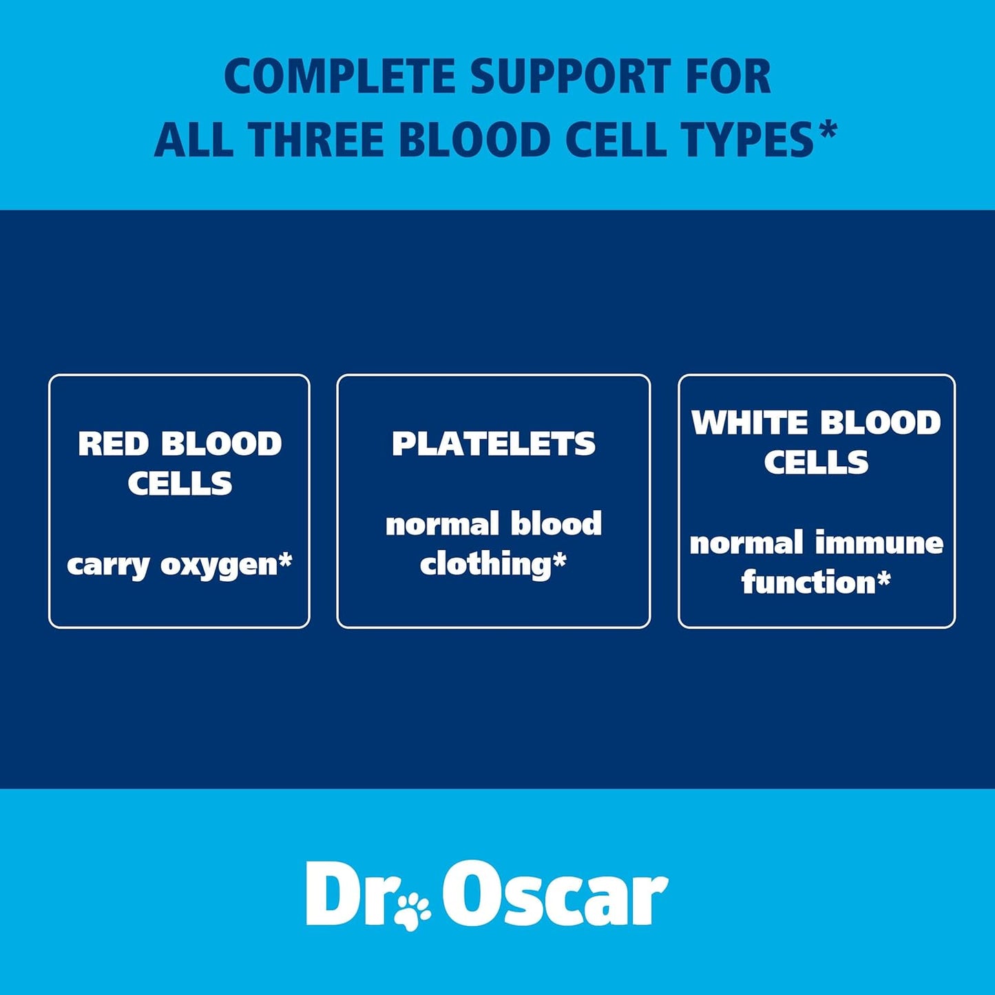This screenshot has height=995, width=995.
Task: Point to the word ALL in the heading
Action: [196, 140]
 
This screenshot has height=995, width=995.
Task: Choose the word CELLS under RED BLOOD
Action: [180, 483]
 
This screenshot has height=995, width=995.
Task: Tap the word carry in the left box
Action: [108, 566]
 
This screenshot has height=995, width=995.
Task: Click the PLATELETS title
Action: [494, 444]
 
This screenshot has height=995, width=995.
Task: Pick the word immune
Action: [879, 544]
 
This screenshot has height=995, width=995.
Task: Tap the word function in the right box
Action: [807, 583]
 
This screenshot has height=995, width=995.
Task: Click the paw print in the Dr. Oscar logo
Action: [413, 911]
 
